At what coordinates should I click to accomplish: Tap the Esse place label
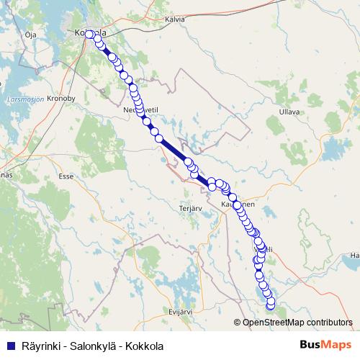point(66,175)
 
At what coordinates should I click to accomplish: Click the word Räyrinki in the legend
point(41,346)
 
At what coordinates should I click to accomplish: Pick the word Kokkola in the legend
point(144,346)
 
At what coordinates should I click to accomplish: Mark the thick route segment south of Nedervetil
point(173,150)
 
